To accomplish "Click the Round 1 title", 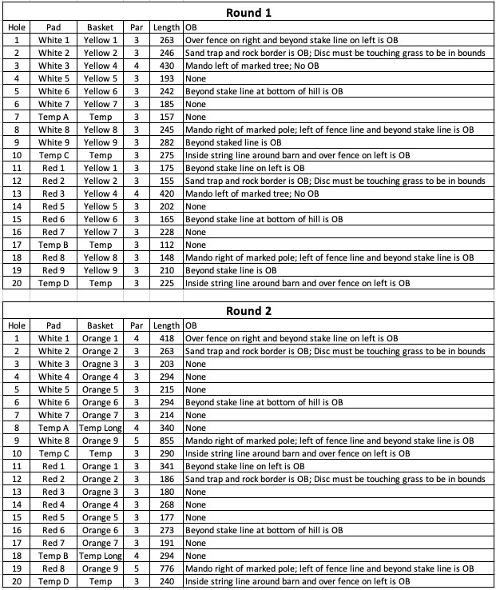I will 249,12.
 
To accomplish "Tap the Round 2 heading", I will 249,311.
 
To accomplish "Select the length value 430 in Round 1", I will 167,66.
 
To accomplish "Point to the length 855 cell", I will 167,441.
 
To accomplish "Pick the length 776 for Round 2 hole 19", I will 167,568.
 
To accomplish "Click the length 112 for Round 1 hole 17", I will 167,245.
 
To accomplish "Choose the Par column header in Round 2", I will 137,325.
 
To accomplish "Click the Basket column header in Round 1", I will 101,27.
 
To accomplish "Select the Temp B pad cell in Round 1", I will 54,245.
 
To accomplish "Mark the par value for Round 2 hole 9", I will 137,441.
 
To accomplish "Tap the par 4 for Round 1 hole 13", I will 137,193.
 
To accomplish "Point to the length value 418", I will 167,338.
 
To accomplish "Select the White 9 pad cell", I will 54,142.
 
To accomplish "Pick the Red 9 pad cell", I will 54,270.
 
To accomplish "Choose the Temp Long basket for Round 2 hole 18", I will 101,556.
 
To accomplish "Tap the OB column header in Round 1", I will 191,27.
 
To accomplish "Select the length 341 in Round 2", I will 167,466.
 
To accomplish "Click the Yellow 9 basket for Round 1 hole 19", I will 101,270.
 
